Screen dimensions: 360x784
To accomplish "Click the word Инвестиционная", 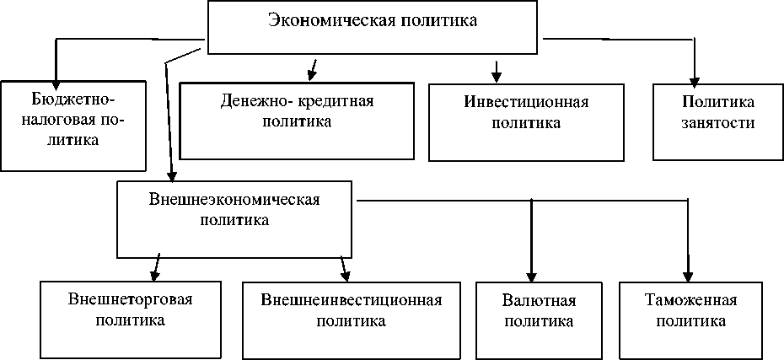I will click(x=526, y=103).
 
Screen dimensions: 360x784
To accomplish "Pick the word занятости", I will click(x=718, y=123).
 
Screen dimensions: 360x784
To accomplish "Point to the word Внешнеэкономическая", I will click(x=235, y=201).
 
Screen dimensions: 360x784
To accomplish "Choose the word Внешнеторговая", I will click(x=130, y=300).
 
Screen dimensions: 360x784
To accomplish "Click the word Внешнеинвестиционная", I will click(x=352, y=300).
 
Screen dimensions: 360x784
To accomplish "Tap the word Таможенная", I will click(x=691, y=301).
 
